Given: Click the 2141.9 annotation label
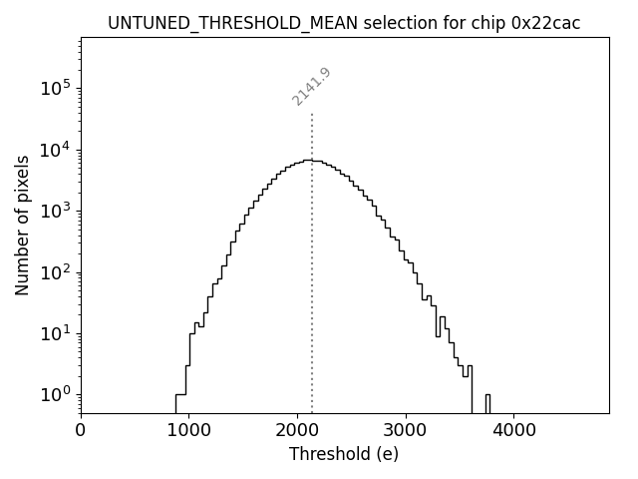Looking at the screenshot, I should point(311,87).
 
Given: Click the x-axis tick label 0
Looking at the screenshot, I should point(81,430).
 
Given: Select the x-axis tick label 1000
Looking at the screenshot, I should point(188,430).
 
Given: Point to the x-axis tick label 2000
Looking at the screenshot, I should point(297,430).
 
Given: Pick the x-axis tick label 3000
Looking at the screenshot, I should point(406,430).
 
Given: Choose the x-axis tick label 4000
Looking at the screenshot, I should point(513,430).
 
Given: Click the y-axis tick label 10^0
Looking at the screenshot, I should point(56,394).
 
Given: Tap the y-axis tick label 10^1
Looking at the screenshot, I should point(56,333).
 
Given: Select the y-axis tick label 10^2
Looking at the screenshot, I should point(56,272).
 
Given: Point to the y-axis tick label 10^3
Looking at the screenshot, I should point(56,211).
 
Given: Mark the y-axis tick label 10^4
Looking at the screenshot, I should point(56,150).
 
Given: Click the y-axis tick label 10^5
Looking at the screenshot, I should point(56,89).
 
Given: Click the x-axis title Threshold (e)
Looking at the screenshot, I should point(344,454).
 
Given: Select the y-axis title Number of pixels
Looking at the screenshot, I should point(22,225).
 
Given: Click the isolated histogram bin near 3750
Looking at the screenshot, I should point(487,402).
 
